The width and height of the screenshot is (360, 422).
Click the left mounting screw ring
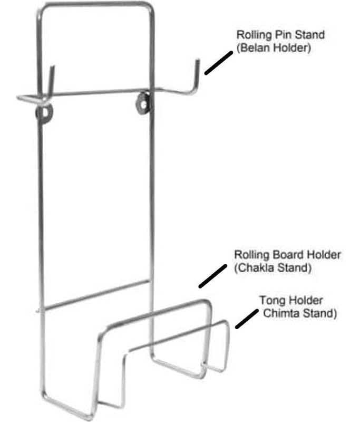(45, 113)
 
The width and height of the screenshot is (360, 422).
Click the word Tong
(270, 301)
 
